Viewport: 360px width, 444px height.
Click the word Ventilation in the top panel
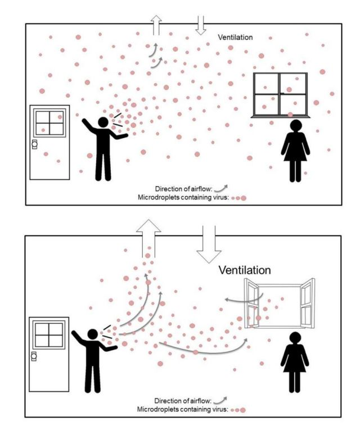coord(235,37)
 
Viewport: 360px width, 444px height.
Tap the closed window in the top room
coord(280,94)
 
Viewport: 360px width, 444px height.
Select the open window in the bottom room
coord(280,303)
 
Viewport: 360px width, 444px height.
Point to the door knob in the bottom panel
coord(34,355)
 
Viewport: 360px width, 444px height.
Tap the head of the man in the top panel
coord(103,122)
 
